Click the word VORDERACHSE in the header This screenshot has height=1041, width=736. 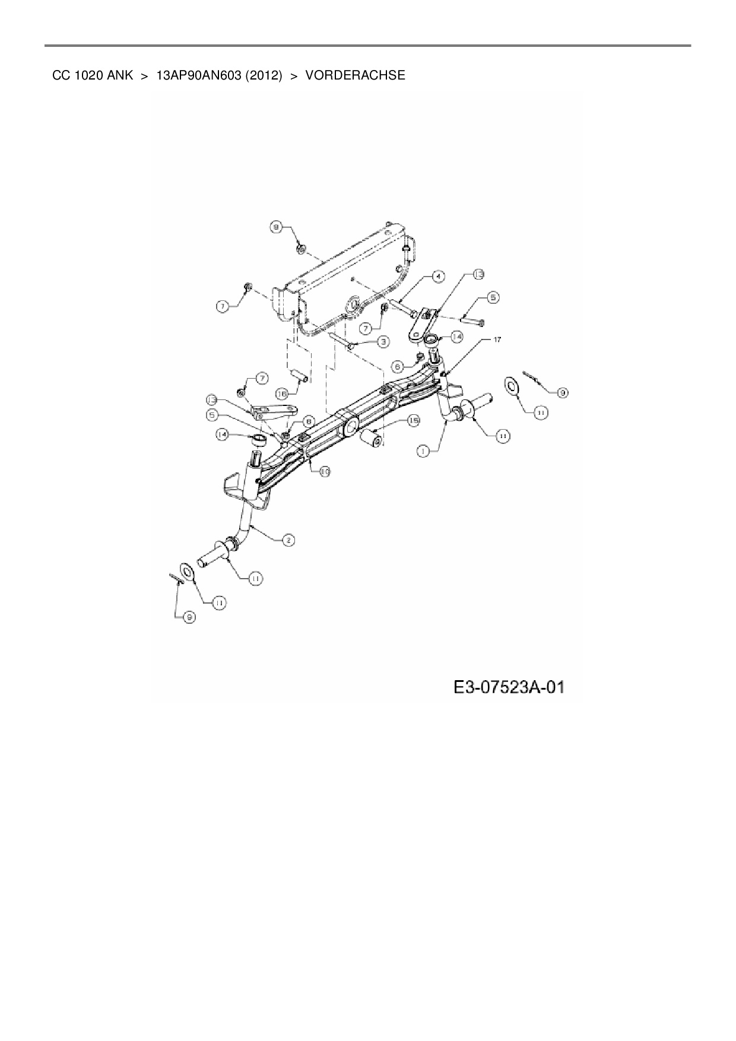[355, 75]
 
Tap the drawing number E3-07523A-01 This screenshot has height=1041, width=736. [509, 687]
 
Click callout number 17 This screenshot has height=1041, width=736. [497, 339]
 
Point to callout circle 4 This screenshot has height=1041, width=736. [437, 277]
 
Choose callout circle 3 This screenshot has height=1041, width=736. [383, 342]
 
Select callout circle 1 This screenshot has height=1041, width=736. [423, 452]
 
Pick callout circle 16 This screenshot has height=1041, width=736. [282, 393]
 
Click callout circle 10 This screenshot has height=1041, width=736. [325, 471]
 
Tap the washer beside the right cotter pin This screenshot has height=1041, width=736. [511, 385]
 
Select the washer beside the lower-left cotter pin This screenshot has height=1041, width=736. [188, 573]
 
